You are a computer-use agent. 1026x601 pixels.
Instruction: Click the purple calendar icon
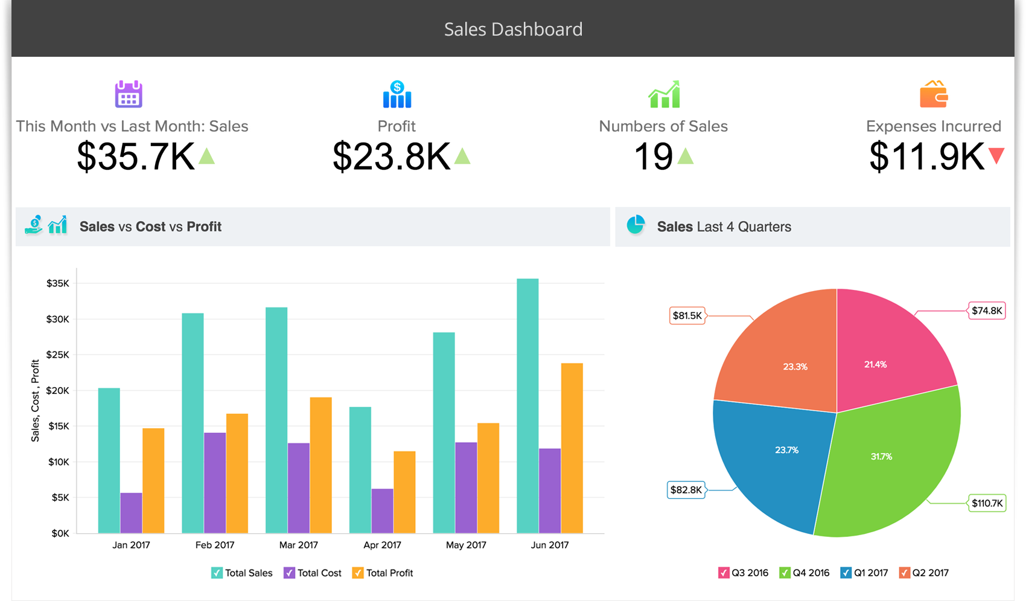(x=129, y=94)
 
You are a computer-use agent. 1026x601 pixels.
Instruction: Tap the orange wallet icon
(x=933, y=94)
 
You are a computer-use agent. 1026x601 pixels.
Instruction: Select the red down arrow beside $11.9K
(x=996, y=156)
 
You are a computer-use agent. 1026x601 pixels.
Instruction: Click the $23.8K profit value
(x=391, y=156)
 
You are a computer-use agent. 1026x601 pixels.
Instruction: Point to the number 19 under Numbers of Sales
(x=653, y=156)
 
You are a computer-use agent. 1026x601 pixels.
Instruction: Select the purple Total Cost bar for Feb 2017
(x=215, y=483)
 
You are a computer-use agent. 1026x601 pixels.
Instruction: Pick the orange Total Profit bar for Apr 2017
(x=404, y=492)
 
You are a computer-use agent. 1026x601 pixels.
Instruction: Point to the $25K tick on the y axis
(x=58, y=355)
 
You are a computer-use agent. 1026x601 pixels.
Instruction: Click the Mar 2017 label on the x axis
(x=298, y=545)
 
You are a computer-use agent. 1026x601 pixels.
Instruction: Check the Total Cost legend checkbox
(x=289, y=573)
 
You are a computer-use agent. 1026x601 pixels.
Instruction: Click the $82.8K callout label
(x=686, y=490)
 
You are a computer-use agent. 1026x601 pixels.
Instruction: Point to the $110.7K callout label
(x=987, y=503)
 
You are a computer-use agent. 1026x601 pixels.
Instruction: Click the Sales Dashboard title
(x=513, y=29)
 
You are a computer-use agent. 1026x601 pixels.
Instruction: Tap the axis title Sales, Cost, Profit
(x=35, y=400)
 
